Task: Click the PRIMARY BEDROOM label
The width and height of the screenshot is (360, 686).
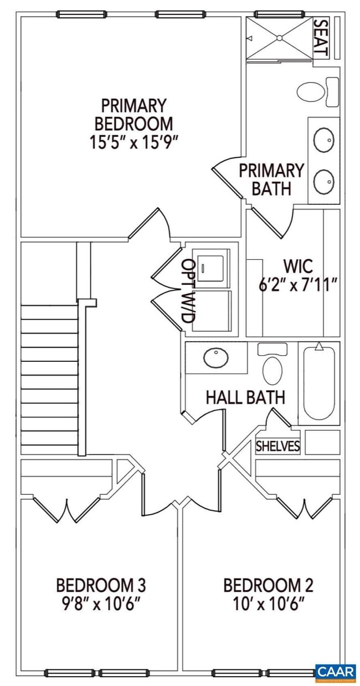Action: (133, 114)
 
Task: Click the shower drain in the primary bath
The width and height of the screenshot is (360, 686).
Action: (279, 38)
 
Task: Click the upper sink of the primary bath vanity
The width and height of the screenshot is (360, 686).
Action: (324, 140)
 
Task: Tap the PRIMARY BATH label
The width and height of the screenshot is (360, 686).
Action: (271, 178)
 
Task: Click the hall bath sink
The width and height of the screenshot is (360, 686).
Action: (216, 357)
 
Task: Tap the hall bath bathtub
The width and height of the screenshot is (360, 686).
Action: (319, 382)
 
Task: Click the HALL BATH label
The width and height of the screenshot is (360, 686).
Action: (245, 397)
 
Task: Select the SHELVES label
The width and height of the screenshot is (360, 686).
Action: (277, 446)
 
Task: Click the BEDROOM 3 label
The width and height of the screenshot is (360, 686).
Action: (100, 585)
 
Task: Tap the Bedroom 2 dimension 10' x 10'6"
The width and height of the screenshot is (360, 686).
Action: (268, 602)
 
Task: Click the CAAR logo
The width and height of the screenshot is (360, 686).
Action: (335, 672)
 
